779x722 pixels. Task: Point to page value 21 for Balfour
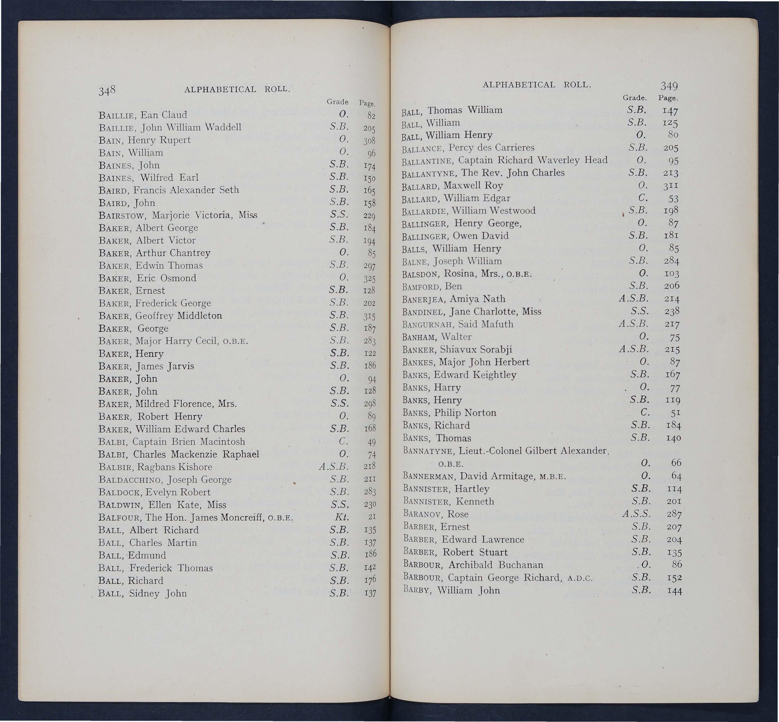coord(372,517)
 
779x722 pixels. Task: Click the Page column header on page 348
coord(367,103)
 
